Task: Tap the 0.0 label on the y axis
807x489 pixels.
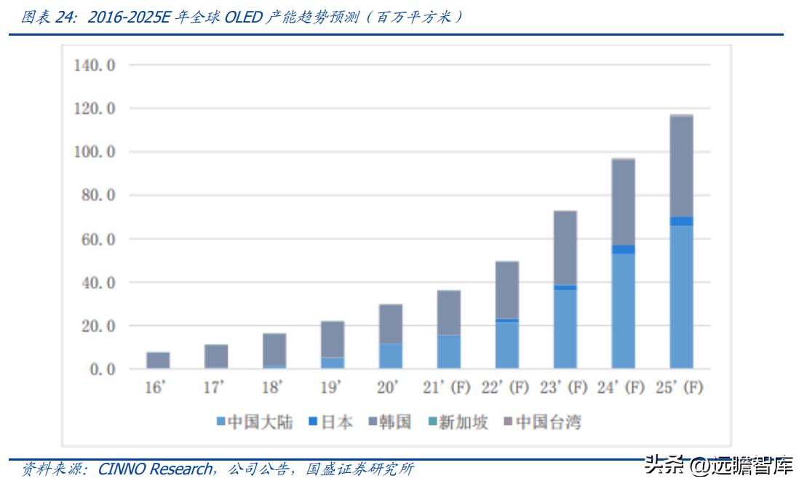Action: pos(101,370)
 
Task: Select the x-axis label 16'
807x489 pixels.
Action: pos(156,387)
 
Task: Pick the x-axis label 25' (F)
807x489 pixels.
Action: pos(681,387)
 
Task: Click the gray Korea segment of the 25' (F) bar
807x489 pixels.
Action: pos(681,166)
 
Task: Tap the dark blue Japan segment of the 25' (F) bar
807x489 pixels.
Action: pos(681,221)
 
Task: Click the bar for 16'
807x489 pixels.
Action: pos(158,360)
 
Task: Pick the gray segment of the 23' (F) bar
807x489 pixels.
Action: pos(565,247)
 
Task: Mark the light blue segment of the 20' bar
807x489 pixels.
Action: pos(391,356)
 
